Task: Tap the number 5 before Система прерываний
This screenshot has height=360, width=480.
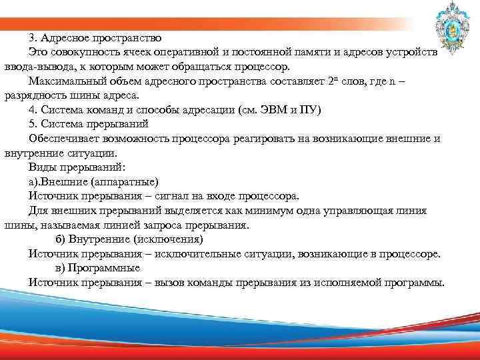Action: (32, 124)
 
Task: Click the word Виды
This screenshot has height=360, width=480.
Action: (43, 168)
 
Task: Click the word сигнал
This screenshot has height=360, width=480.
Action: (183, 196)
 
